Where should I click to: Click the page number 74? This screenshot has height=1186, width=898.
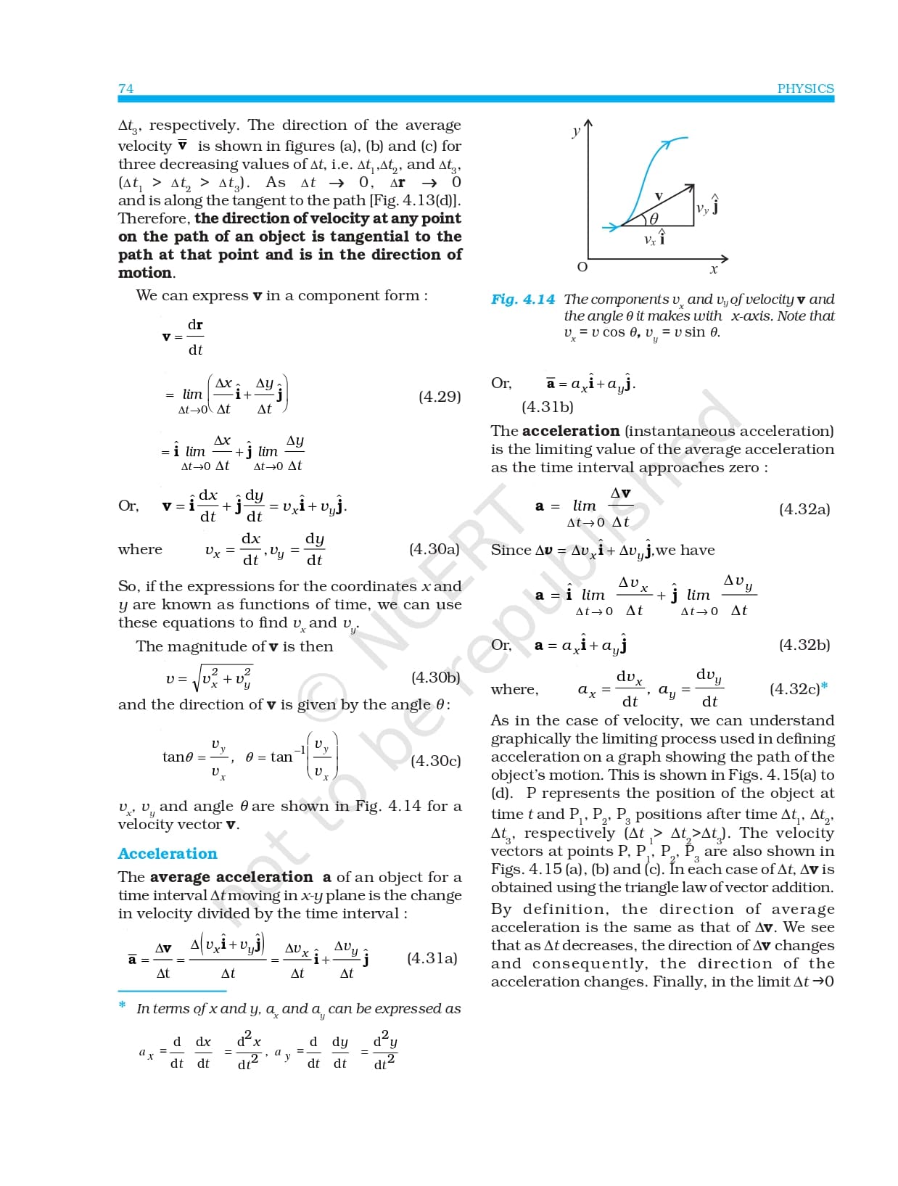point(126,88)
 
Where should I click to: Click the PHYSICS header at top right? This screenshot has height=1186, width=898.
point(805,88)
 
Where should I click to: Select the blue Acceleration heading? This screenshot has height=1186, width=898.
point(168,854)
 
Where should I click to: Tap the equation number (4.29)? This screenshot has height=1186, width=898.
point(440,397)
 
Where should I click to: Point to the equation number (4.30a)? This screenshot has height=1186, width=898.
point(434,549)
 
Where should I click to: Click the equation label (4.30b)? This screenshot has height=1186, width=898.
point(435,678)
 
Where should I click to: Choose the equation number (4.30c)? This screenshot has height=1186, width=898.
point(435,761)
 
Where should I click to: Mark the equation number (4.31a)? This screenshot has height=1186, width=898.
point(432,958)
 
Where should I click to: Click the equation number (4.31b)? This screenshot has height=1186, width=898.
point(548,407)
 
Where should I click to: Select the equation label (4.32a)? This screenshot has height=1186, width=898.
point(804,509)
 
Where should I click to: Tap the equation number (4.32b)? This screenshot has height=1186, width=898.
point(804,645)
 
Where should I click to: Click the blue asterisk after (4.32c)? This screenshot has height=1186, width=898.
point(825,686)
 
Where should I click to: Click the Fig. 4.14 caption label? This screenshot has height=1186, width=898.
point(523,300)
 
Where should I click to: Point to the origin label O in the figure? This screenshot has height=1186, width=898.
point(582,267)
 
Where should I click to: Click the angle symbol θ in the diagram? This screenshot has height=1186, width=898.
point(654,218)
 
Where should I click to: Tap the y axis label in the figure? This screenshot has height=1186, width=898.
point(576,132)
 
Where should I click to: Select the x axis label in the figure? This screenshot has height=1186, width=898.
point(714,270)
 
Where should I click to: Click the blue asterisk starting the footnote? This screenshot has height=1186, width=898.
point(123,1005)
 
